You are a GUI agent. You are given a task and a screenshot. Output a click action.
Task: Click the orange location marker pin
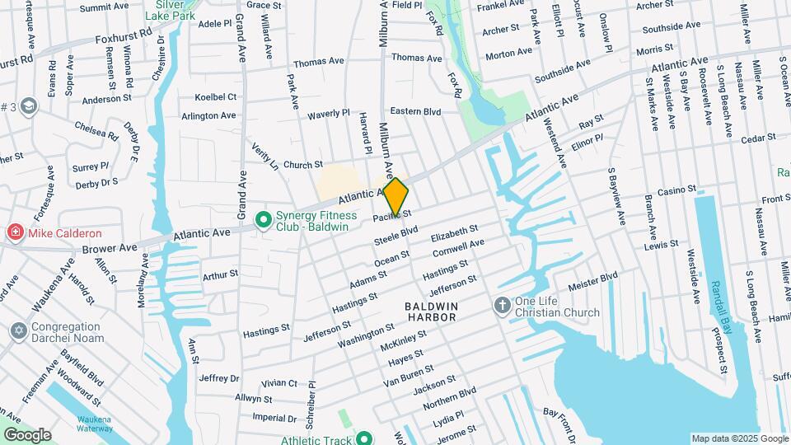pos(395,197)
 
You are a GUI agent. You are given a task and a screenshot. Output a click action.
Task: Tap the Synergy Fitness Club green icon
pos(264,220)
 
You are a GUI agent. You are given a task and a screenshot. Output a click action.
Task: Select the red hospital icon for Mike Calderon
pos(15,233)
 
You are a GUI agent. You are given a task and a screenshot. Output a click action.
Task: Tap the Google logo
pos(27,434)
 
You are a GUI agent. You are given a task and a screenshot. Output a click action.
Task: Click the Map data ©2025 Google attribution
pos(738,438)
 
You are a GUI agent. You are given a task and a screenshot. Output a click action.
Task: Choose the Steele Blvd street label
pos(396,235)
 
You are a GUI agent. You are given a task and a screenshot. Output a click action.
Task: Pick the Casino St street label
pos(676,191)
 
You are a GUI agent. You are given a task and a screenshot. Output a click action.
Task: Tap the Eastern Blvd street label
pos(415,111)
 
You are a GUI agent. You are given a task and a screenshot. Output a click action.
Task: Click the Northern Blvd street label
pos(449,397)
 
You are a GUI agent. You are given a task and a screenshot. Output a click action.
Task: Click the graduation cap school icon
pos(30,105)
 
